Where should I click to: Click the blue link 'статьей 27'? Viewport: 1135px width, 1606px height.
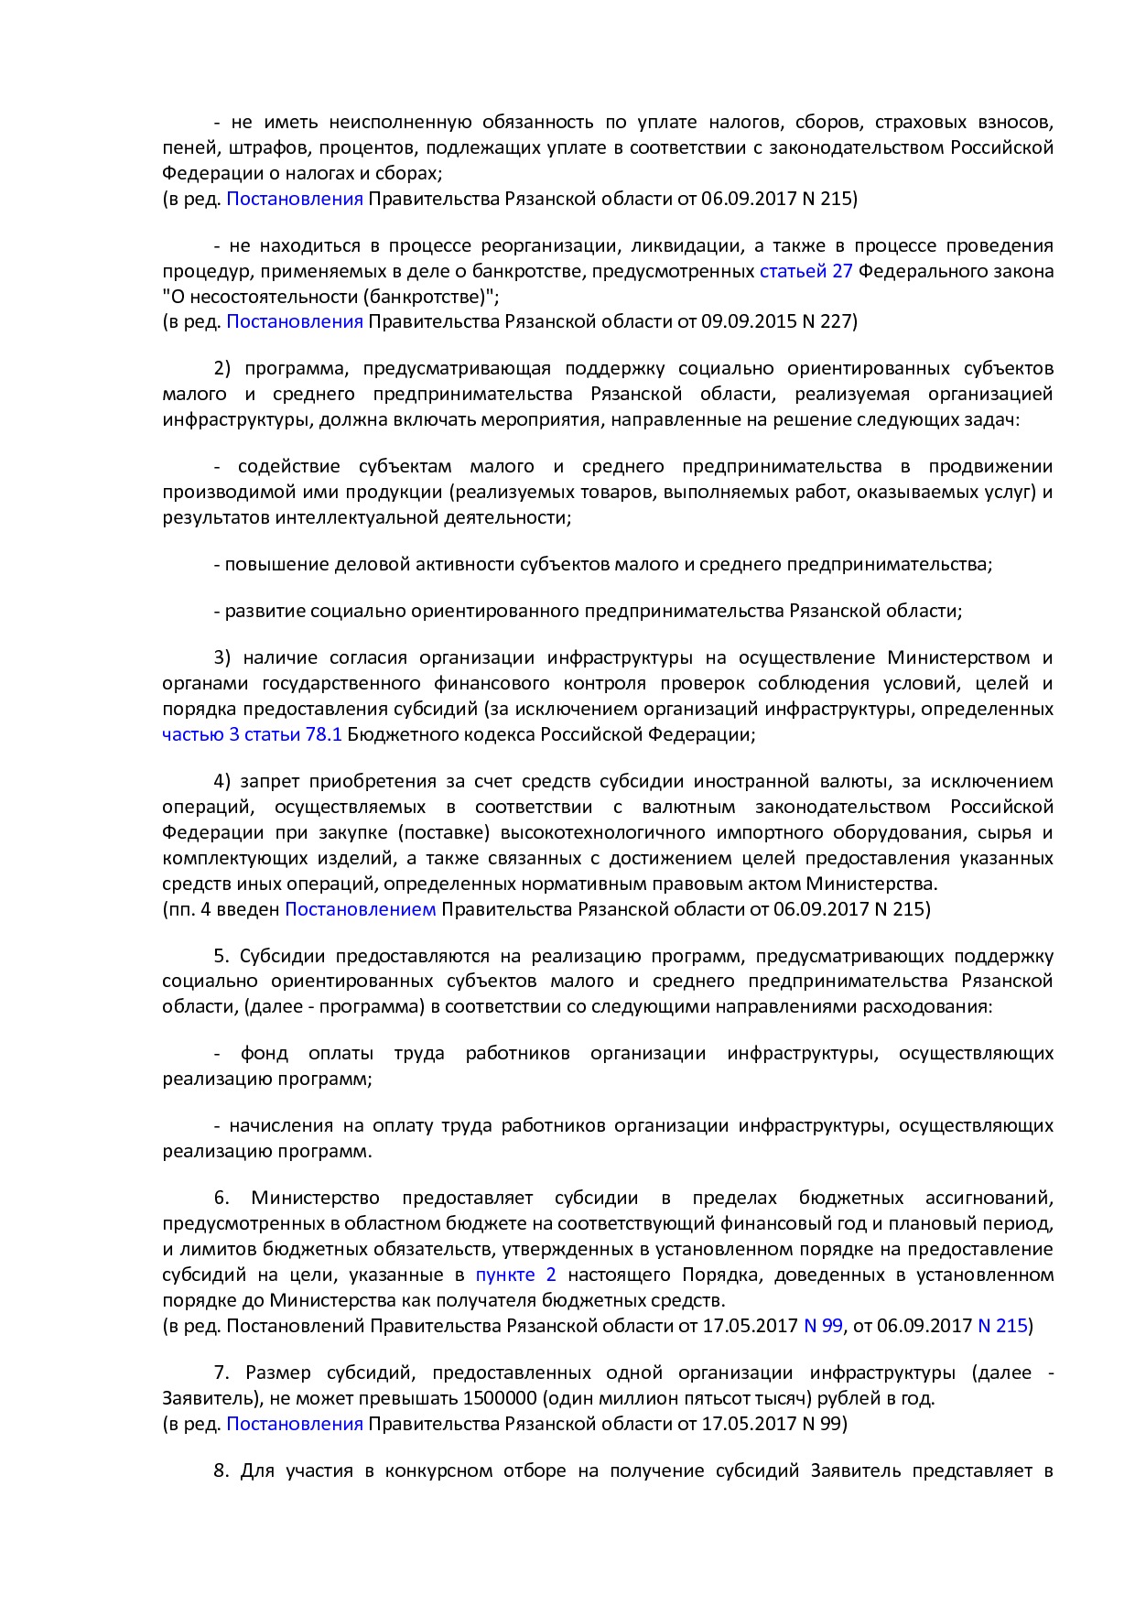(805, 271)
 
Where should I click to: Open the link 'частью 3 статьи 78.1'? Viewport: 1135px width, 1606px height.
(252, 734)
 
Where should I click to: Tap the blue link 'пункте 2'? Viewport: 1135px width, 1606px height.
(515, 1275)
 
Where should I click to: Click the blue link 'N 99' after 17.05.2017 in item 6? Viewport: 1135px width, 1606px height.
(822, 1326)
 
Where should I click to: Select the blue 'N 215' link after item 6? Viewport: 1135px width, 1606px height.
(1002, 1326)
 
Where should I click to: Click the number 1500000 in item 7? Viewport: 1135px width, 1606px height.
(502, 1398)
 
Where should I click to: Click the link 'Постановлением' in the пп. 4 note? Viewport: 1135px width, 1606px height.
(361, 909)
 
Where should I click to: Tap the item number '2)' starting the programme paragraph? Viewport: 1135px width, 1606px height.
(223, 368)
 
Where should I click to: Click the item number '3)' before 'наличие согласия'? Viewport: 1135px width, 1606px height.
(223, 657)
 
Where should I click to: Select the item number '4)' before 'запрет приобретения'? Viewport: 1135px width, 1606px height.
(223, 781)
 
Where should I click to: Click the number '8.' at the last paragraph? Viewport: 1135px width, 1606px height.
(222, 1470)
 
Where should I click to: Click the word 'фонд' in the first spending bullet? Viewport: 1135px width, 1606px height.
(265, 1053)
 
